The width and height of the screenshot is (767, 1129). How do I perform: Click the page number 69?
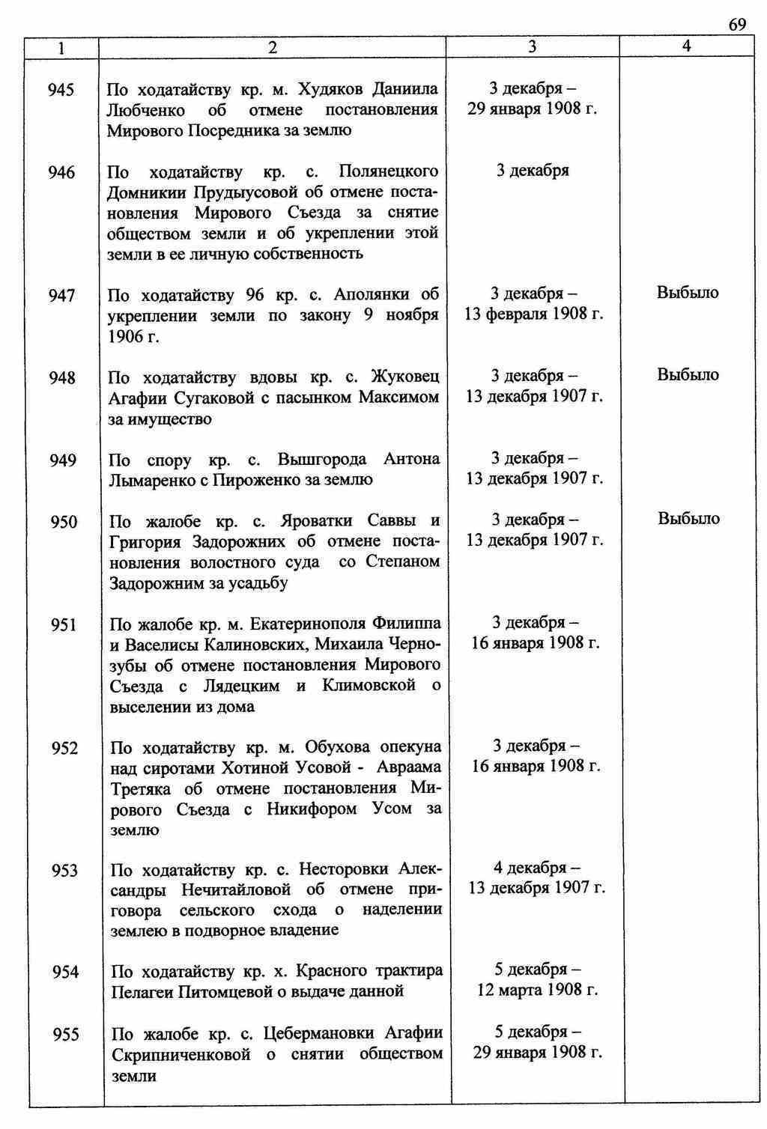pos(737,25)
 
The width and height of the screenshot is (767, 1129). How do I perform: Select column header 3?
pos(532,46)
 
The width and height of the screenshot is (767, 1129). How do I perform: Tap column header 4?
pos(686,46)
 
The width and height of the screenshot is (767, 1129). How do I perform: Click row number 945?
pos(61,91)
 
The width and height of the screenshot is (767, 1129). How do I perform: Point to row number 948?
pos(62,378)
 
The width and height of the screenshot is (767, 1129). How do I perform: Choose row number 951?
pos(64,625)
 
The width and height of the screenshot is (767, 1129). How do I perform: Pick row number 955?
pos(65,1035)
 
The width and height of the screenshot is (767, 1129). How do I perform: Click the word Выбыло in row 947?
pos(688,293)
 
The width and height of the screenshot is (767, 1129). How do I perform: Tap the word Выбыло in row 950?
pos(688,519)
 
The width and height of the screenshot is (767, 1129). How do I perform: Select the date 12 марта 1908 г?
pos(538,990)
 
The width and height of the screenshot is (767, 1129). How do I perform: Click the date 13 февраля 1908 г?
pos(534,314)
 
